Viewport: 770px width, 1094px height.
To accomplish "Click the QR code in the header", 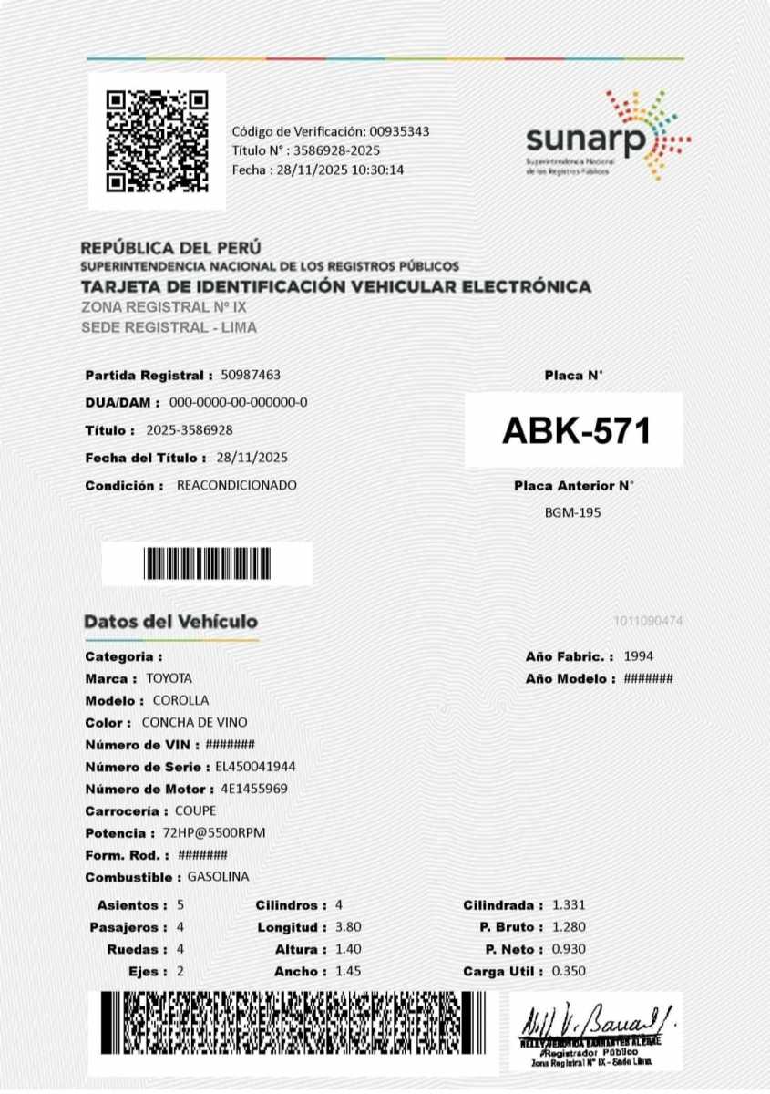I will coord(157,140).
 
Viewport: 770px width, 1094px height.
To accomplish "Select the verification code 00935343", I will coord(399,131).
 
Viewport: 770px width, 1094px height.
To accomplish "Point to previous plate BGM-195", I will coord(572,512).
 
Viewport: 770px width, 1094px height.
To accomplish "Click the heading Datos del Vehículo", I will coord(171,622).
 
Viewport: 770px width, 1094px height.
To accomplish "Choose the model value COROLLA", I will coord(180,700).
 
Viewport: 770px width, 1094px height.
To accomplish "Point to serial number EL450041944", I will coord(255,767).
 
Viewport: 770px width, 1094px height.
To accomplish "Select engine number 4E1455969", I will coord(254,789).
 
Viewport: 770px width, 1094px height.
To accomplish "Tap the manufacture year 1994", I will coord(638,656).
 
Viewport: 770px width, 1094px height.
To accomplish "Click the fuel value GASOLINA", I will coord(218,877).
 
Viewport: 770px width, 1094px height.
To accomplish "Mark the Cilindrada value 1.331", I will coord(569,905).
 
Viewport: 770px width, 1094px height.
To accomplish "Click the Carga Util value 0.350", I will coord(569,972).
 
